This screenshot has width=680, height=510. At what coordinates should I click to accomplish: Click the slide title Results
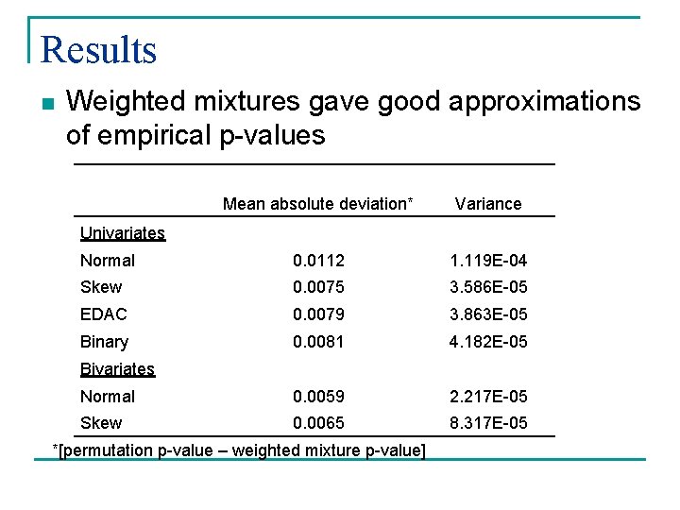click(99, 49)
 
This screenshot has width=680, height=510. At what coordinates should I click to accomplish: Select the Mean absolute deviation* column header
click(317, 204)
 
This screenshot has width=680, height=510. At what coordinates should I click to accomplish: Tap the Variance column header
click(487, 204)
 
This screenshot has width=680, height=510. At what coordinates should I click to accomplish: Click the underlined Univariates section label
click(122, 233)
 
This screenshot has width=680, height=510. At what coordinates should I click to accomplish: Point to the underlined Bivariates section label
click(117, 369)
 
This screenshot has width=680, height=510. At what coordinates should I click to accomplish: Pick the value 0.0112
click(318, 261)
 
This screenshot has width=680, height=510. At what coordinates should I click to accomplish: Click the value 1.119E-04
click(487, 261)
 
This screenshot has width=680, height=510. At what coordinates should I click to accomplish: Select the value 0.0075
click(318, 287)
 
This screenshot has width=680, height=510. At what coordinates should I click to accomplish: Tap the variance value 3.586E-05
click(487, 287)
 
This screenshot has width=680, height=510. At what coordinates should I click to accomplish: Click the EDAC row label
click(104, 314)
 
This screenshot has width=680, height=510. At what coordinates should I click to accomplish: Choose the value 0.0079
click(318, 314)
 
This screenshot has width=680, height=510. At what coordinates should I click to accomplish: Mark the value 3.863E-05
click(487, 314)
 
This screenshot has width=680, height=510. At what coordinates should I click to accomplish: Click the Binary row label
click(104, 342)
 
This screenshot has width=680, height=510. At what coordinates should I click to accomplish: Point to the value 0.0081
click(318, 342)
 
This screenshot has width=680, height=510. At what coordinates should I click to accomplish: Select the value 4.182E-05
click(487, 342)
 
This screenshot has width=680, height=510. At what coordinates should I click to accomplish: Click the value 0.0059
click(318, 397)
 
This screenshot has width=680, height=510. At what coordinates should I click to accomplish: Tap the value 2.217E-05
click(487, 397)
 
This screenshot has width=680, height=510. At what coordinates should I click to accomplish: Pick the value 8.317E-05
click(487, 423)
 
